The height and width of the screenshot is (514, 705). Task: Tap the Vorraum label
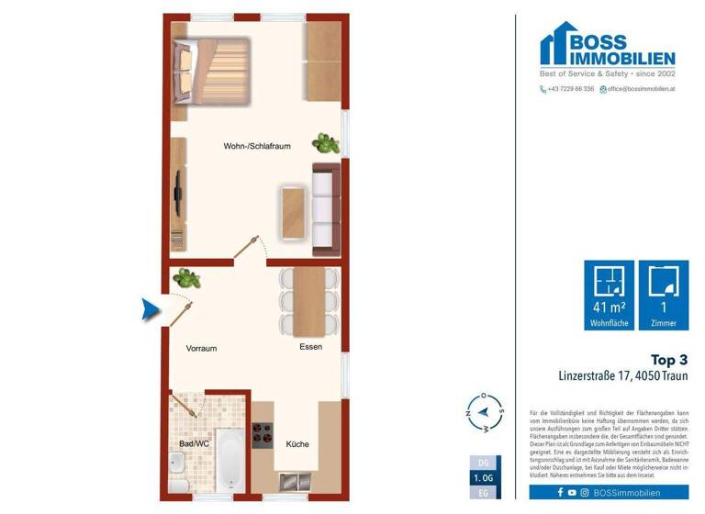click(201, 348)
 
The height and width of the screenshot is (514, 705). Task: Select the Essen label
click(310, 347)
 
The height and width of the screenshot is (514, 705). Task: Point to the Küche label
click(297, 444)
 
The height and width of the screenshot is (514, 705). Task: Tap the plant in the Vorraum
click(187, 277)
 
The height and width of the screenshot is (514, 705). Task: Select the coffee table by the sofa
click(293, 210)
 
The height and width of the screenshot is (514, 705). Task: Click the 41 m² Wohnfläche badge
click(609, 295)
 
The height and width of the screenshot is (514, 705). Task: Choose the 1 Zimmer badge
click(664, 295)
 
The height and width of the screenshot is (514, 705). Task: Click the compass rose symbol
click(485, 414)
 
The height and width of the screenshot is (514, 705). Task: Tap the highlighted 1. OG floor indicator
click(483, 479)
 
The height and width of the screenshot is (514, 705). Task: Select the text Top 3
click(669, 360)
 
